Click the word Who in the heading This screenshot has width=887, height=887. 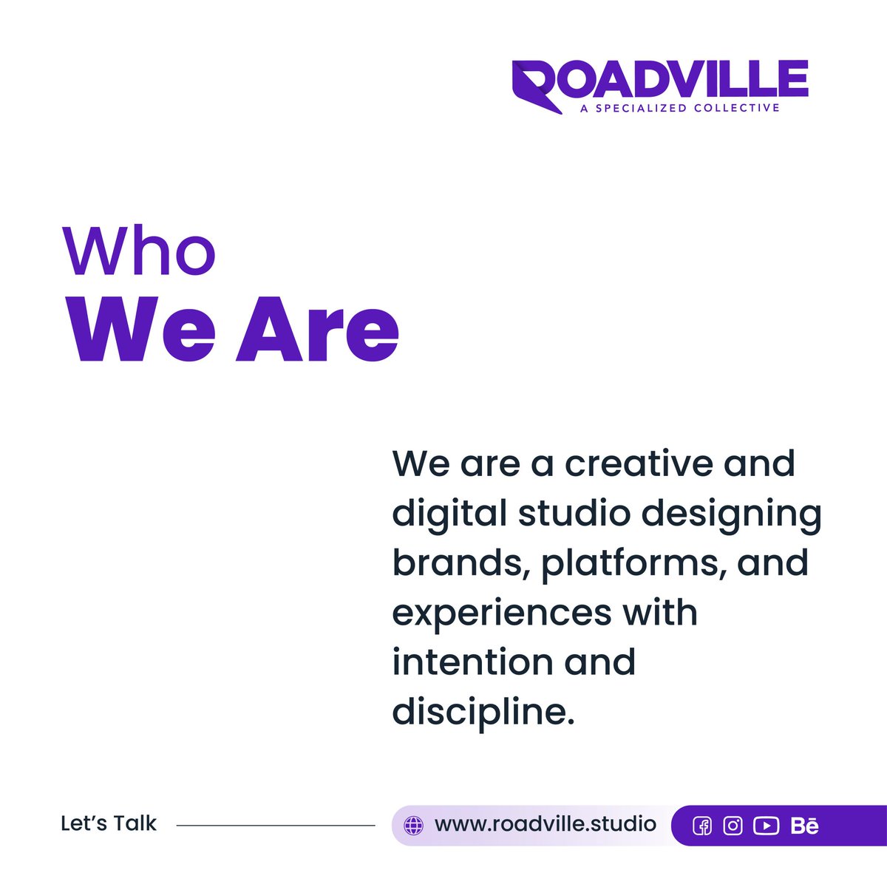tap(139, 251)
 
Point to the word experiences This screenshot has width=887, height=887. tap(501, 614)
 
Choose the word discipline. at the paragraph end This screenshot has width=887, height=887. tap(483, 712)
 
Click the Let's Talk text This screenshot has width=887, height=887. tap(109, 823)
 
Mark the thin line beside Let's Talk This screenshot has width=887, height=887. tap(276, 825)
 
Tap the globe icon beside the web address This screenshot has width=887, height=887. tap(414, 825)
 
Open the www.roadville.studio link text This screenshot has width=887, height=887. tap(546, 823)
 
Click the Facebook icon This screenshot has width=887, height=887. tap(701, 826)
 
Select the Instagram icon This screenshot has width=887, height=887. tap(733, 826)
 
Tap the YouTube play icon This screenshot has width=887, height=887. tap(766, 826)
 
